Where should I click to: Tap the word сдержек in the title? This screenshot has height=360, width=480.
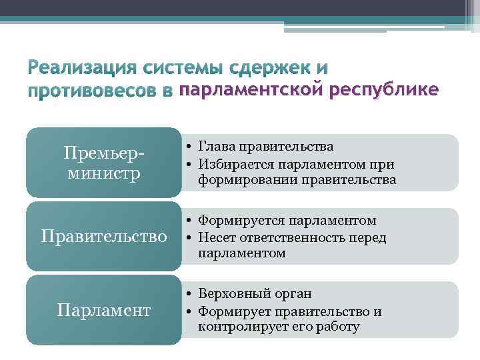click(x=268, y=69)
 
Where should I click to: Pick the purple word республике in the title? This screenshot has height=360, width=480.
click(x=383, y=91)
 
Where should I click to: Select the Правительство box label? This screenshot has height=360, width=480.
click(x=103, y=236)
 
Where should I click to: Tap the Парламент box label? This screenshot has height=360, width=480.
click(x=103, y=310)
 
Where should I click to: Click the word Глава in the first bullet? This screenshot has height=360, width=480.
click(x=215, y=147)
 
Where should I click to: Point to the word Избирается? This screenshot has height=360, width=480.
click(x=231, y=163)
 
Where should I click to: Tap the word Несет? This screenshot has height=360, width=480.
click(x=215, y=237)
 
